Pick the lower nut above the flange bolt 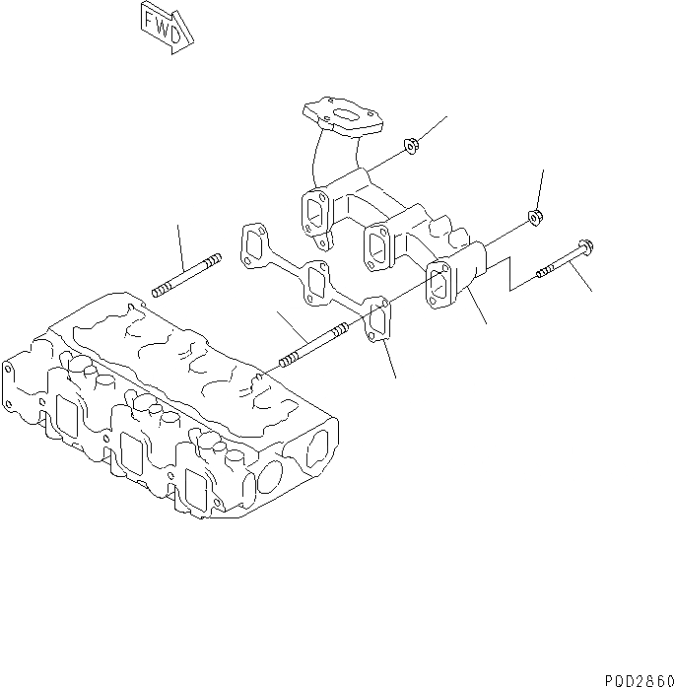pyautogui.click(x=533, y=216)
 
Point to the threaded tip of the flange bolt pyautogui.click(x=543, y=272)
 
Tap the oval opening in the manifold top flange pyautogui.click(x=344, y=117)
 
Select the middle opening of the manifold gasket pyautogui.click(x=316, y=281)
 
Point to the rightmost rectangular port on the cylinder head pyautogui.click(x=196, y=489)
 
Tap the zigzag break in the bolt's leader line pyautogui.click(x=510, y=275)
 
